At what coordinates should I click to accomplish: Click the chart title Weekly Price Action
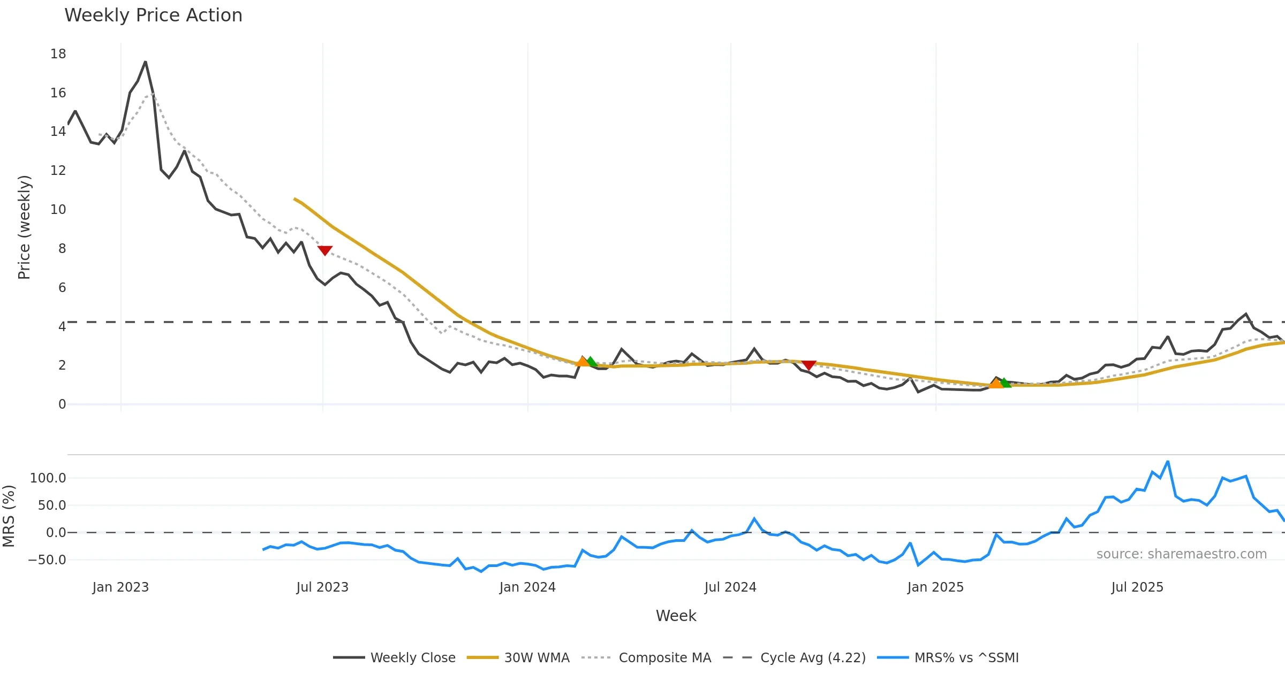click(153, 16)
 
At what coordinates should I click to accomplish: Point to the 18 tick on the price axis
click(58, 54)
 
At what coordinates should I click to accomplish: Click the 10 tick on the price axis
click(58, 210)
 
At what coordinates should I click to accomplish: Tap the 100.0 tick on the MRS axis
click(48, 478)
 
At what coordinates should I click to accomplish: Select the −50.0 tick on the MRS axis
click(47, 560)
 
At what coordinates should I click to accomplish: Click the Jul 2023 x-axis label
click(322, 587)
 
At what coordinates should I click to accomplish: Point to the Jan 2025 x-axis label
click(935, 587)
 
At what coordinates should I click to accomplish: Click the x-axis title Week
click(676, 616)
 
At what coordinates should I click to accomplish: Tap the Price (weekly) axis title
click(25, 227)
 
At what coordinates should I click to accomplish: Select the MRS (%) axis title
click(9, 516)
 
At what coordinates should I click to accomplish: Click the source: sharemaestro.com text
click(1181, 554)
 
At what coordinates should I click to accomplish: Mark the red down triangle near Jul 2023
click(325, 250)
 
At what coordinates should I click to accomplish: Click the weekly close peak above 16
click(146, 62)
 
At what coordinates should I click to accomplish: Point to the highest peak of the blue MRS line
click(1168, 461)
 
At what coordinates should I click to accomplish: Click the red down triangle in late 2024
click(809, 365)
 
